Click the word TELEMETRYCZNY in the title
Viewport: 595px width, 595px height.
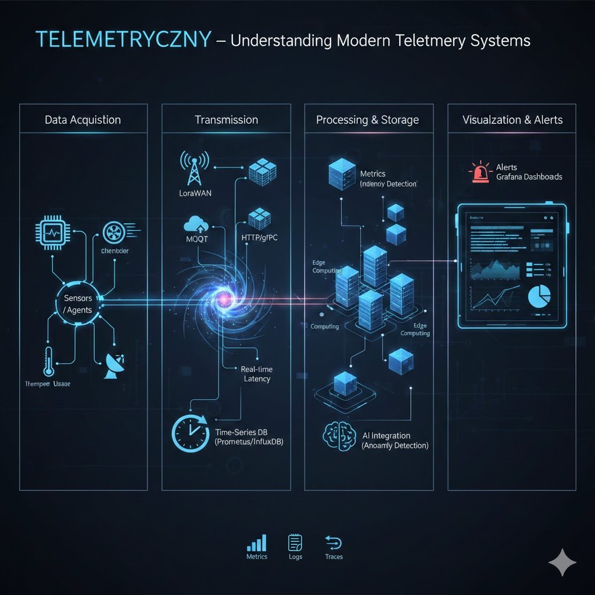(x=123, y=40)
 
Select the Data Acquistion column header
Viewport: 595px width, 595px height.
(x=83, y=120)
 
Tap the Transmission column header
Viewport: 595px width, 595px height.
(x=226, y=120)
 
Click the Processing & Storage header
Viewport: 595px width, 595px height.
(x=367, y=120)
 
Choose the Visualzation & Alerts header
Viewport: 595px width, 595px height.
(x=512, y=120)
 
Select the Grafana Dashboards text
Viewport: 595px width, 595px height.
(x=529, y=177)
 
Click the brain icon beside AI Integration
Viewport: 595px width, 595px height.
(x=336, y=436)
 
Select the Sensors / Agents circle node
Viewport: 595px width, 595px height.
(x=78, y=304)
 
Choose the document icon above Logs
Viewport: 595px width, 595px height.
(x=295, y=543)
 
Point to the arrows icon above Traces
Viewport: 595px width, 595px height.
(x=334, y=543)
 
